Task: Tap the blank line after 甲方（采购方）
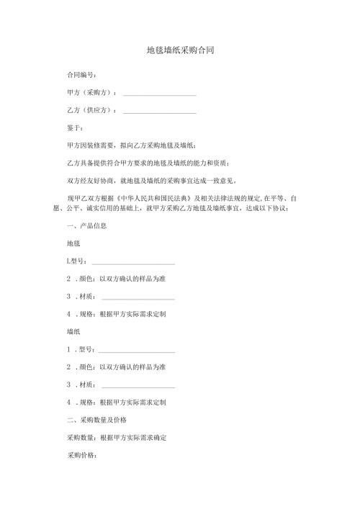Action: [x=159, y=93]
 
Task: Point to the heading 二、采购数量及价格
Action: [x=97, y=420]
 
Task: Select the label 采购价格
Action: [x=81, y=456]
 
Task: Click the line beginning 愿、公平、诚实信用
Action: [x=173, y=208]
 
